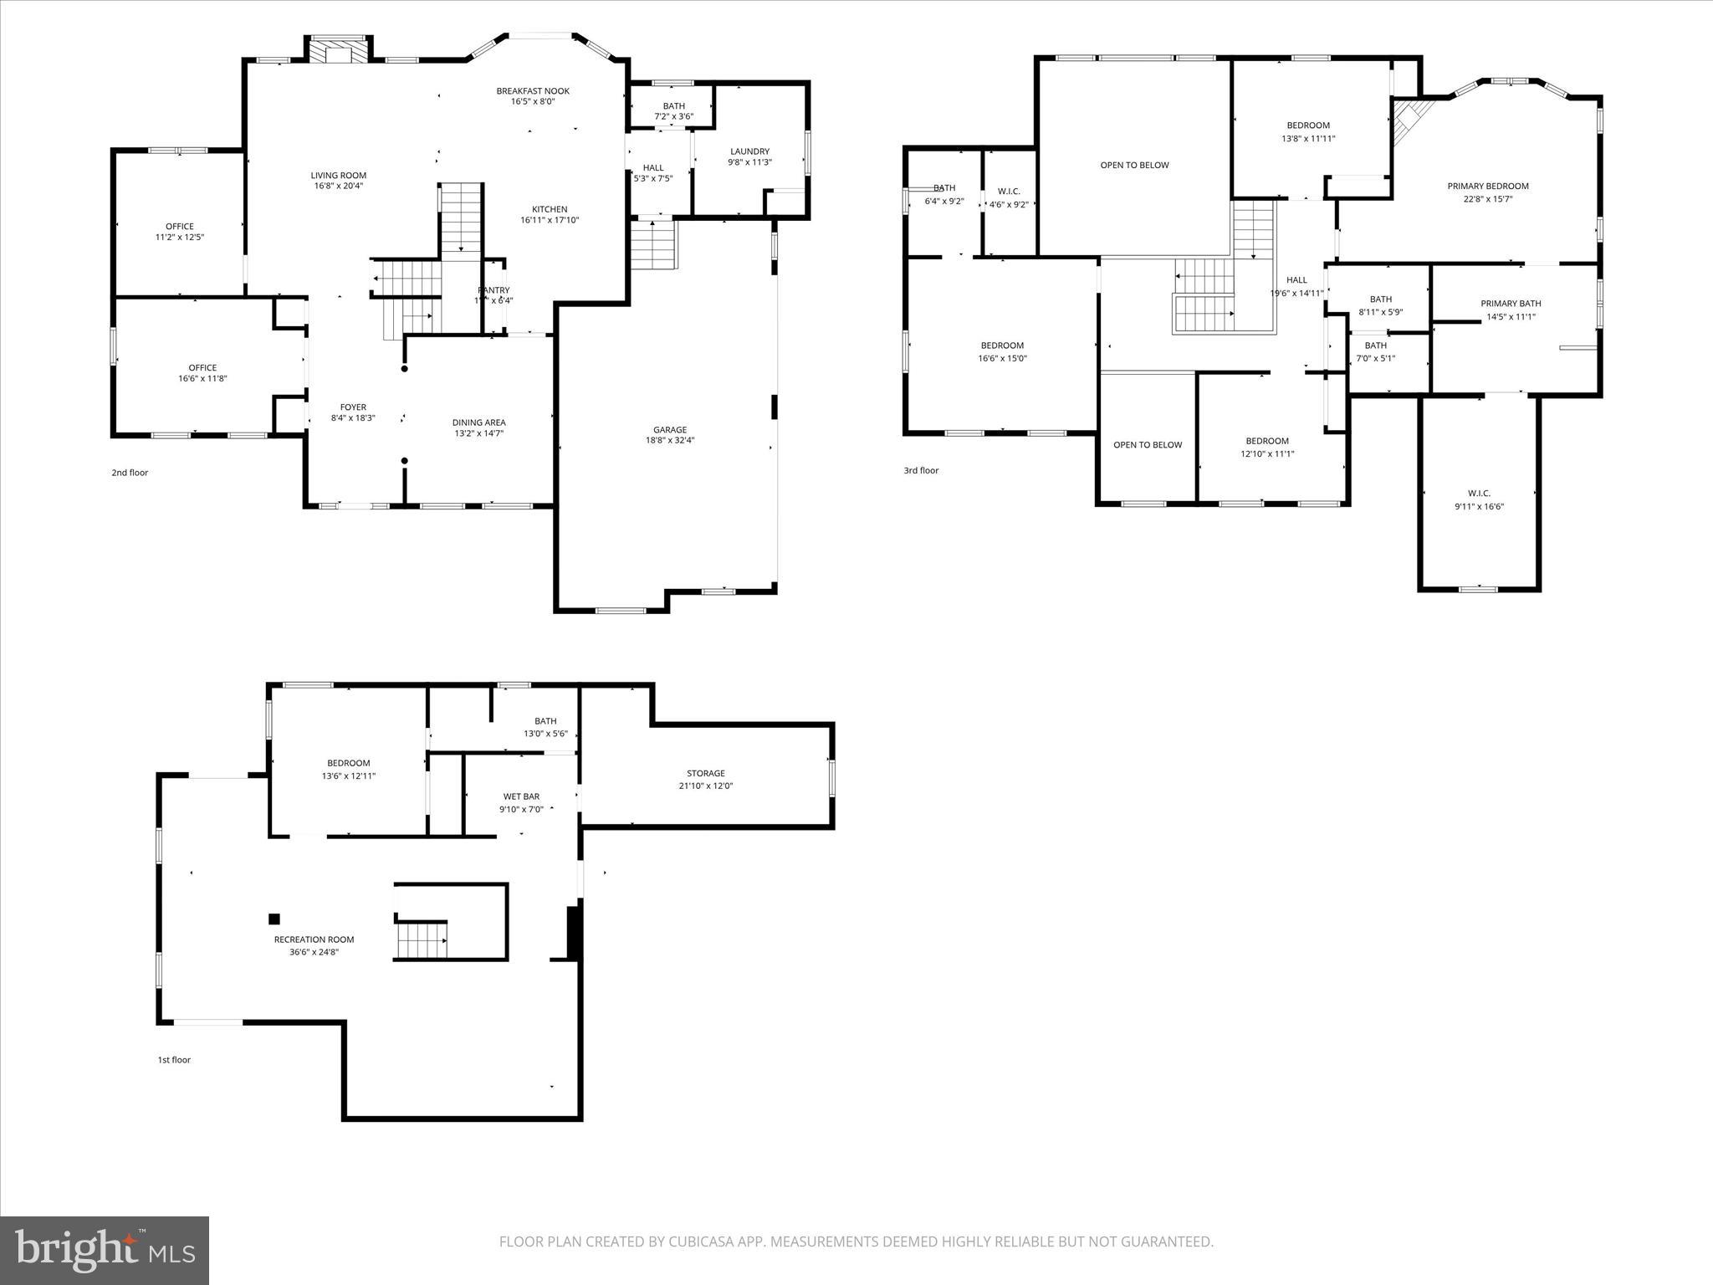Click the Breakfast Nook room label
(533, 91)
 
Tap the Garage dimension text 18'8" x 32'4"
(670, 440)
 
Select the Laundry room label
(749, 151)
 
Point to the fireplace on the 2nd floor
(339, 50)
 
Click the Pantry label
(493, 290)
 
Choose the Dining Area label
(478, 422)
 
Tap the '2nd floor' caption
(130, 473)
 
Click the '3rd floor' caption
(921, 470)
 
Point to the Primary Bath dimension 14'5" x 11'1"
(1511, 317)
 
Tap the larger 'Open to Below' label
(1134, 165)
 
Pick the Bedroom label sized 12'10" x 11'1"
(1267, 441)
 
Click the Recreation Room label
(314, 939)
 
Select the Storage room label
(705, 773)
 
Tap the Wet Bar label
(521, 796)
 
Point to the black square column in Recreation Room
(274, 919)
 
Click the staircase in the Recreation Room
(422, 940)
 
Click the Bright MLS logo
(105, 1250)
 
